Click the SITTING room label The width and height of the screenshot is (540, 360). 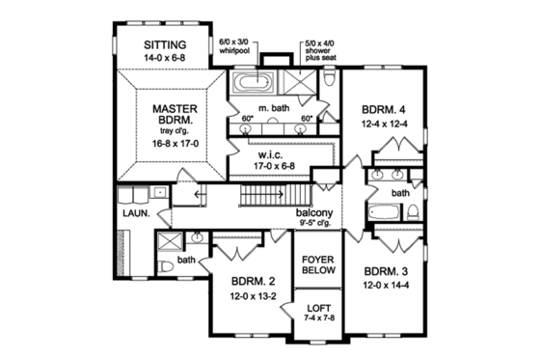click(x=164, y=44)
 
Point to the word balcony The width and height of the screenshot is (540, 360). click(x=314, y=213)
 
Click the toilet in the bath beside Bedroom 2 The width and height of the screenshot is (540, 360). click(x=165, y=265)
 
